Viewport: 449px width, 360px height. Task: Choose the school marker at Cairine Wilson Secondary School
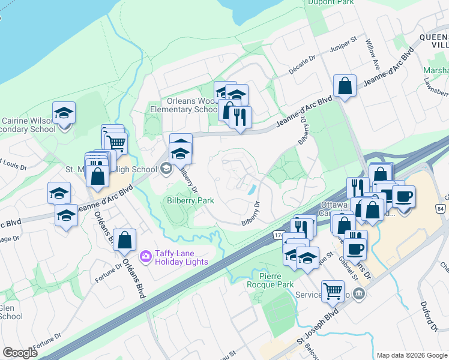64,113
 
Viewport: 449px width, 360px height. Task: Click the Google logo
20,353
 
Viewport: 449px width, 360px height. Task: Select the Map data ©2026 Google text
411,355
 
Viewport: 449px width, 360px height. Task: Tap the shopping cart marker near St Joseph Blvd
333,292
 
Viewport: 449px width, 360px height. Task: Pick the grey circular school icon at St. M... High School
165,169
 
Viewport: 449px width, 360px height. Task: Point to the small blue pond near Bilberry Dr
252,189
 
